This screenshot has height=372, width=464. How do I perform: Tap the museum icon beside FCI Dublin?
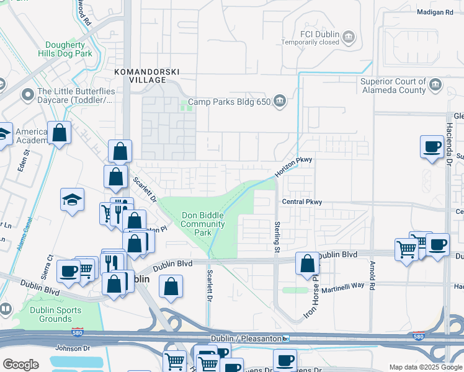[x=349, y=38]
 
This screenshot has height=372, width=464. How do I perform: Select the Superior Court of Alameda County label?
[x=394, y=86]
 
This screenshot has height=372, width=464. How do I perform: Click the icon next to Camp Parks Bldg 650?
[x=280, y=100]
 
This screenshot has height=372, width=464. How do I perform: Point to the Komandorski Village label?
[x=140, y=76]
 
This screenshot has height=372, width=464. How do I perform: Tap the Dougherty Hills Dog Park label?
[x=69, y=49]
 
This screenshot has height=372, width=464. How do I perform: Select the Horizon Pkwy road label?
[x=293, y=168]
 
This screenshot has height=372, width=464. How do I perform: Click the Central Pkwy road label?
[x=302, y=201]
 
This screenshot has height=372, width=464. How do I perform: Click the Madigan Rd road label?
[x=435, y=12]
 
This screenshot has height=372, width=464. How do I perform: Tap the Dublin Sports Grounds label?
[x=55, y=314]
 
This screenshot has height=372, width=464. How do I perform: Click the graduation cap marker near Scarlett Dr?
[x=73, y=200]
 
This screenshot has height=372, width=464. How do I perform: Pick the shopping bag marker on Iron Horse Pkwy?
[x=307, y=263]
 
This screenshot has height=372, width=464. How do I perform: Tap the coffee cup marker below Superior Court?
[x=432, y=147]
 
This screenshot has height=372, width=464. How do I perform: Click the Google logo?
[x=20, y=365]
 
